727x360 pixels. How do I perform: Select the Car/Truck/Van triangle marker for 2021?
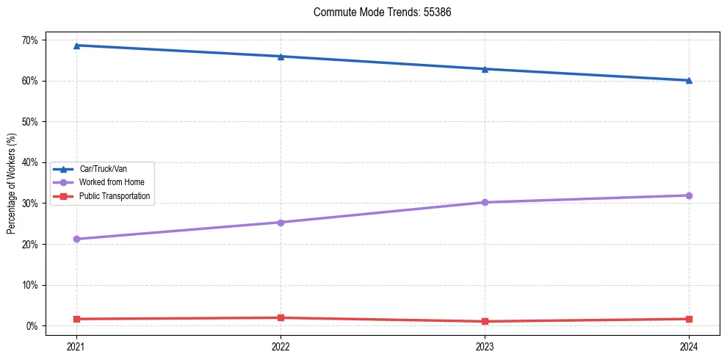pyautogui.click(x=76, y=46)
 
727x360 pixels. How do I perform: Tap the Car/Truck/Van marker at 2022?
pyautogui.click(x=281, y=57)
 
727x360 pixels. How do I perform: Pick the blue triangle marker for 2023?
pyautogui.click(x=485, y=69)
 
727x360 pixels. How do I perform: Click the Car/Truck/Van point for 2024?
pyautogui.click(x=689, y=80)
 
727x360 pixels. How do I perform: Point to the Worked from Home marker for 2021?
pyautogui.click(x=76, y=239)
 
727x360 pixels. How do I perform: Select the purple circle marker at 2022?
pyautogui.click(x=281, y=222)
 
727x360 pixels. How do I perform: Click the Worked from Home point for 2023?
pyautogui.click(x=485, y=202)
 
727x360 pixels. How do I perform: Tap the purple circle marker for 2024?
pyautogui.click(x=689, y=195)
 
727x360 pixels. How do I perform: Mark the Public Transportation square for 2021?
pyautogui.click(x=76, y=319)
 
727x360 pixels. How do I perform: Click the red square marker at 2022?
pyautogui.click(x=281, y=317)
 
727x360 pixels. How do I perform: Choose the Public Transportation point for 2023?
pyautogui.click(x=485, y=321)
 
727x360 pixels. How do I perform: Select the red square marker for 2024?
pyautogui.click(x=689, y=319)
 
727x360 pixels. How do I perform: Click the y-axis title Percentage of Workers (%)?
pyautogui.click(x=12, y=184)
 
